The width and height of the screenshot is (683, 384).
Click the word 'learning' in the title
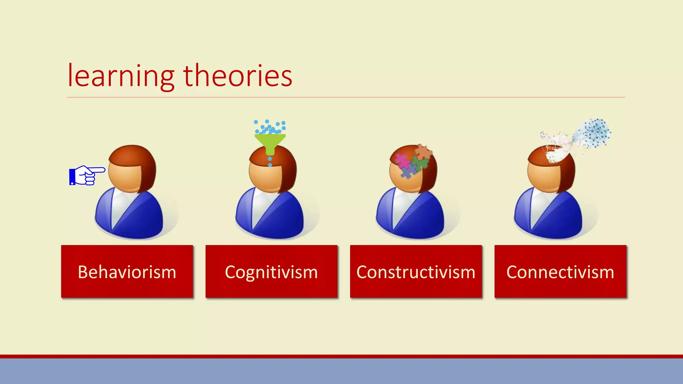pyautogui.click(x=121, y=76)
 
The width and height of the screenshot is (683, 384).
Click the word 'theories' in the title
pyautogui.click(x=238, y=76)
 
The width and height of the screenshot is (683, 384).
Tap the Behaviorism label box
pyautogui.click(x=127, y=272)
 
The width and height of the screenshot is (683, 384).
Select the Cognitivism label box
pyautogui.click(x=271, y=272)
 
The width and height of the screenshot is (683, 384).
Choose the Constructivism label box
pyautogui.click(x=416, y=272)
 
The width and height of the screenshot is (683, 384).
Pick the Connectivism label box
pyautogui.click(x=560, y=272)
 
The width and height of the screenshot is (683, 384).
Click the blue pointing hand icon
pyautogui.click(x=86, y=175)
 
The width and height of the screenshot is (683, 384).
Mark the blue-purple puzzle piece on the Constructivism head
pyautogui.click(x=408, y=171)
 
